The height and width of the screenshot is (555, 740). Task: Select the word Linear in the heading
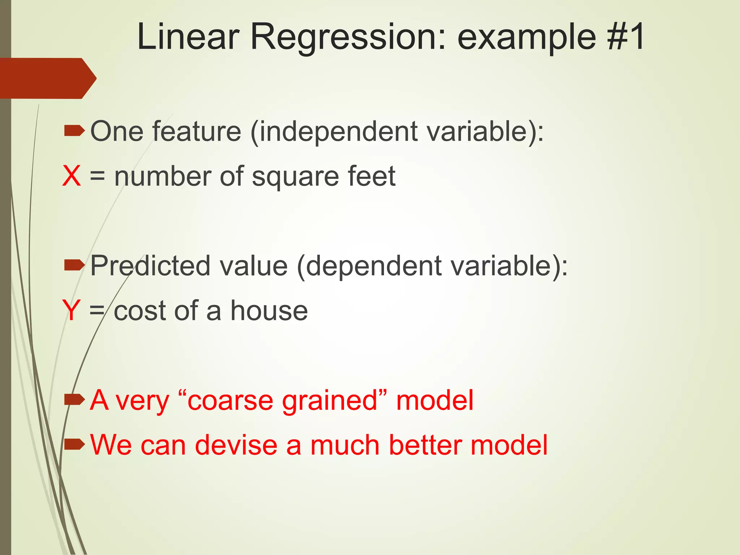tap(188, 36)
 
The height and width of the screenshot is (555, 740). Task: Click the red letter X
tap(71, 176)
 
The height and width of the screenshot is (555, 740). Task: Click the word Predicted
tap(150, 266)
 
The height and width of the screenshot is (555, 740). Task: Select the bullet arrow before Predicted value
tap(74, 266)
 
